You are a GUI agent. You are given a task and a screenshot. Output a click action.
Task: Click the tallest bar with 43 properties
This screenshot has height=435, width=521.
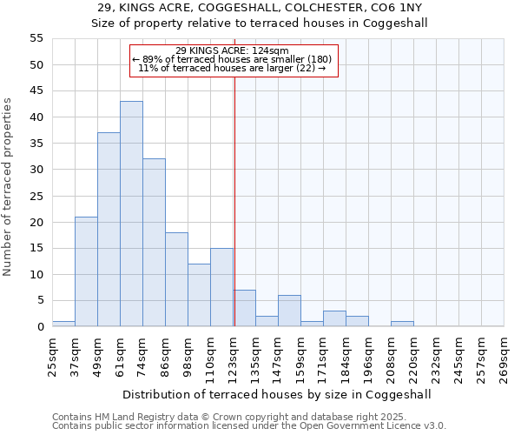coord(131,214)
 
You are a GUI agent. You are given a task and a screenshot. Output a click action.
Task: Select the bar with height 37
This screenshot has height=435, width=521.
coord(109,230)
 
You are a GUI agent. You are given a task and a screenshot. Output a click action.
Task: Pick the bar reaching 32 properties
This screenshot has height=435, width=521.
coord(154,243)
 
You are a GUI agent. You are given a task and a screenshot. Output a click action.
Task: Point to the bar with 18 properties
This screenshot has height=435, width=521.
coord(176,279)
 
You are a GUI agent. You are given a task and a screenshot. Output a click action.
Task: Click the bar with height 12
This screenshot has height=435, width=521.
coord(199,295)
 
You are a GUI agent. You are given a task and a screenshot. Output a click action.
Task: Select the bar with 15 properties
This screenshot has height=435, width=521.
coord(221,287)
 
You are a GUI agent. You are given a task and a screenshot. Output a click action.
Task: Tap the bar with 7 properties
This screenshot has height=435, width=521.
coord(245,308)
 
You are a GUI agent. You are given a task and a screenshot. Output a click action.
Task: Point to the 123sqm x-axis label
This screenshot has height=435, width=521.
coord(233,355)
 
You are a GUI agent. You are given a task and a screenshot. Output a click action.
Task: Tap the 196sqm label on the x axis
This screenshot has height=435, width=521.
coord(368,355)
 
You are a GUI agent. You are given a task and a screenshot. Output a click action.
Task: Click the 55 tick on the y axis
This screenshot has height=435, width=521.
coord(36,38)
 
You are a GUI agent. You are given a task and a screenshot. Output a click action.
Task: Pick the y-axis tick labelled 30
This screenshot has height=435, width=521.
coord(36,170)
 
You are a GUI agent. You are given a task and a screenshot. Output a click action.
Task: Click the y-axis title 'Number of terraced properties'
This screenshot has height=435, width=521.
coord(9,186)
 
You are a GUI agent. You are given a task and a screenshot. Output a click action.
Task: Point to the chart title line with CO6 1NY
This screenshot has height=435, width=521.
coord(260,8)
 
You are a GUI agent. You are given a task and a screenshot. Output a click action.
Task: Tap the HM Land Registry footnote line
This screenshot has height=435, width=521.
coord(217,417)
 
